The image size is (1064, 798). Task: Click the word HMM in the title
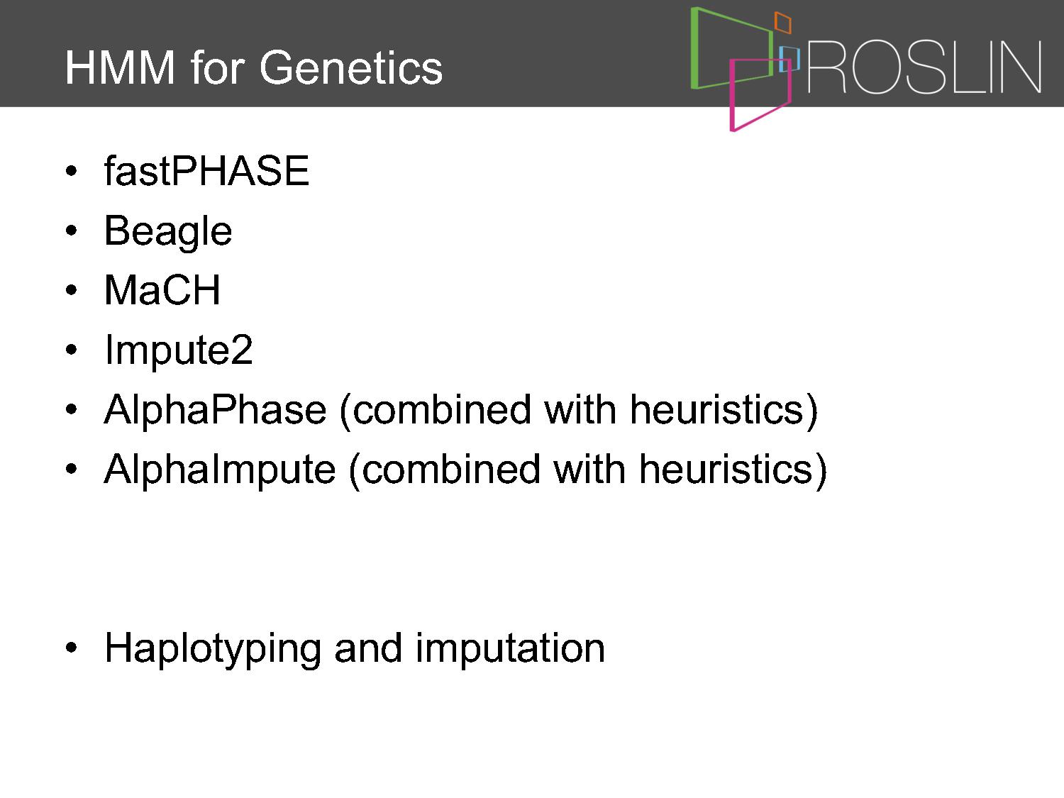pos(120,68)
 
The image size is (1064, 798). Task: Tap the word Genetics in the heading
pos(351,68)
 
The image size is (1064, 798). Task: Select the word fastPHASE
pos(206,170)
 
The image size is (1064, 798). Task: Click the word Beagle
pos(167,232)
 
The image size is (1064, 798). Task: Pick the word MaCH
pos(162,289)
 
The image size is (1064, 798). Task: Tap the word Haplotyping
pos(213,650)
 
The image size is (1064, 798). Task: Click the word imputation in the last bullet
pos(510,648)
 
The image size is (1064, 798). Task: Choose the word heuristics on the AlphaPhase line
pos(716,410)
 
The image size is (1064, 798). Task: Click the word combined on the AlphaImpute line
pos(451,469)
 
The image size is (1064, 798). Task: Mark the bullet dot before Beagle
pos(71,231)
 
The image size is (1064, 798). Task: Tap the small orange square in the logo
pos(782,23)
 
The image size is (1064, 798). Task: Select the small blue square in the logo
pos(789,59)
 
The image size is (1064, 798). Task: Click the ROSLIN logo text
pos(924,67)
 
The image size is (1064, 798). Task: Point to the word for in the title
pos(217,68)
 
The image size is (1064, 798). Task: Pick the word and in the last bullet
pos(368,648)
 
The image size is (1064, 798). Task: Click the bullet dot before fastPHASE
pos(71,170)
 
